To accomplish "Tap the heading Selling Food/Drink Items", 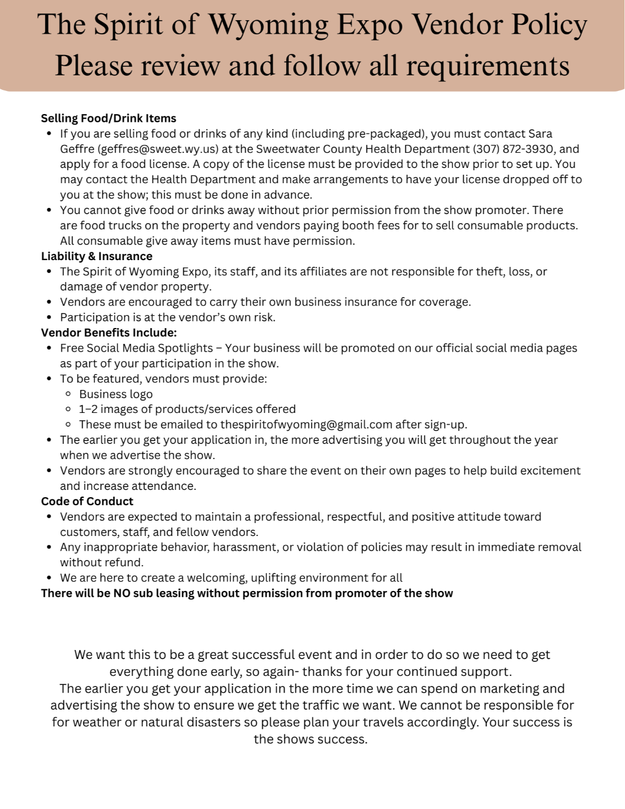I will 108,119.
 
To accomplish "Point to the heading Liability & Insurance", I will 97,256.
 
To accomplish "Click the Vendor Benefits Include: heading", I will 109,333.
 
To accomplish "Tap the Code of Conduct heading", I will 87,501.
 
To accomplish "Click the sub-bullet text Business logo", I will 116,394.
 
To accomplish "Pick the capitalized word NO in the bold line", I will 122,593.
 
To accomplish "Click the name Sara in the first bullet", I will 540,134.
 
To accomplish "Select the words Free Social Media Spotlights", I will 137,348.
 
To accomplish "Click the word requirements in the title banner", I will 487,67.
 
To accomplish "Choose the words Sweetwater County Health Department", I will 363,149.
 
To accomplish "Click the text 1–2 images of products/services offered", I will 187,410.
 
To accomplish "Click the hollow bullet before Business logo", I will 69,394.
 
